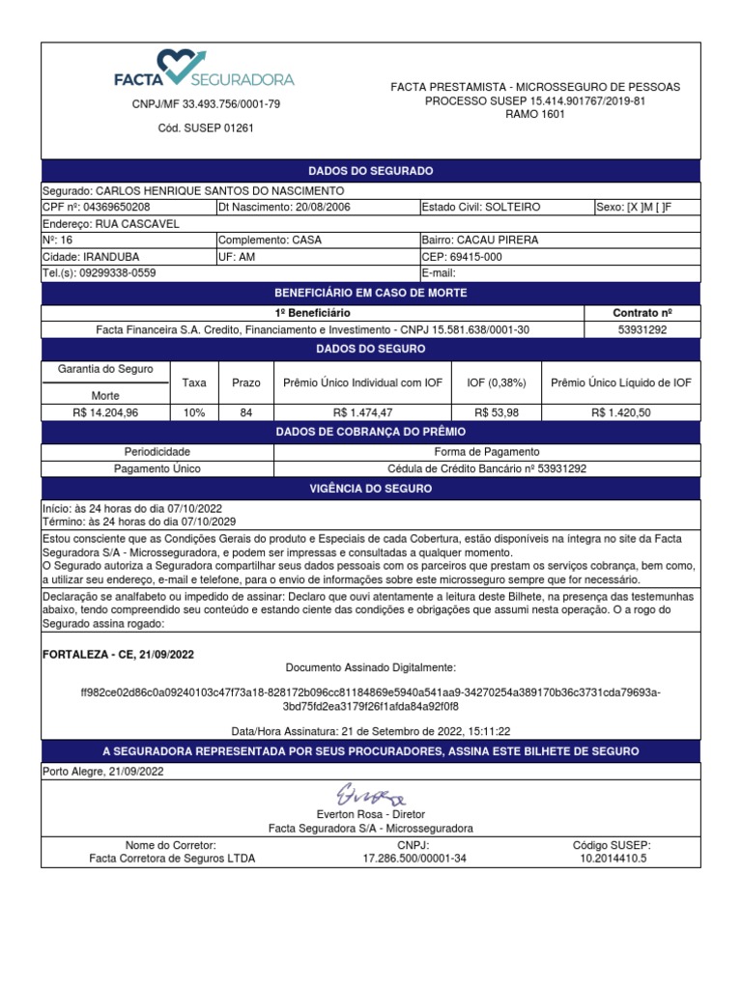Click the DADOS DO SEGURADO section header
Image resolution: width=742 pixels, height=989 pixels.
tap(370, 171)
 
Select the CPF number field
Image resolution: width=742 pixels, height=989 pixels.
tap(97, 207)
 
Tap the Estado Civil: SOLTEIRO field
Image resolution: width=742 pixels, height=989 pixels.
tap(481, 207)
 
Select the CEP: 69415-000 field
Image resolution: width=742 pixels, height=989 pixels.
tap(462, 257)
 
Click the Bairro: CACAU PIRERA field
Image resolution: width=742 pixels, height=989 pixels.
tap(480, 240)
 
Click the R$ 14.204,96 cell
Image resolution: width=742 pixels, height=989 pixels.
tap(105, 412)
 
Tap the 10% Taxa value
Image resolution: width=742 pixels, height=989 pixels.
tap(194, 412)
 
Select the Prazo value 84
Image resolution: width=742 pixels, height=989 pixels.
tap(246, 412)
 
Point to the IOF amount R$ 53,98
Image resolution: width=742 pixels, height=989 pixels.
tap(497, 412)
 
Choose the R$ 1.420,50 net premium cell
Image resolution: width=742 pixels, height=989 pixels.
tap(621, 412)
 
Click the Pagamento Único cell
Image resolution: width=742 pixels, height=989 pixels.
tap(157, 468)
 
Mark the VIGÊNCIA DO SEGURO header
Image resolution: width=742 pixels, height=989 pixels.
tap(370, 489)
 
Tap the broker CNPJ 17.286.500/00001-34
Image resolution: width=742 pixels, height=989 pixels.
tap(413, 858)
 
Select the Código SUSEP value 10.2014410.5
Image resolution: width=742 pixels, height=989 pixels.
tap(613, 858)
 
